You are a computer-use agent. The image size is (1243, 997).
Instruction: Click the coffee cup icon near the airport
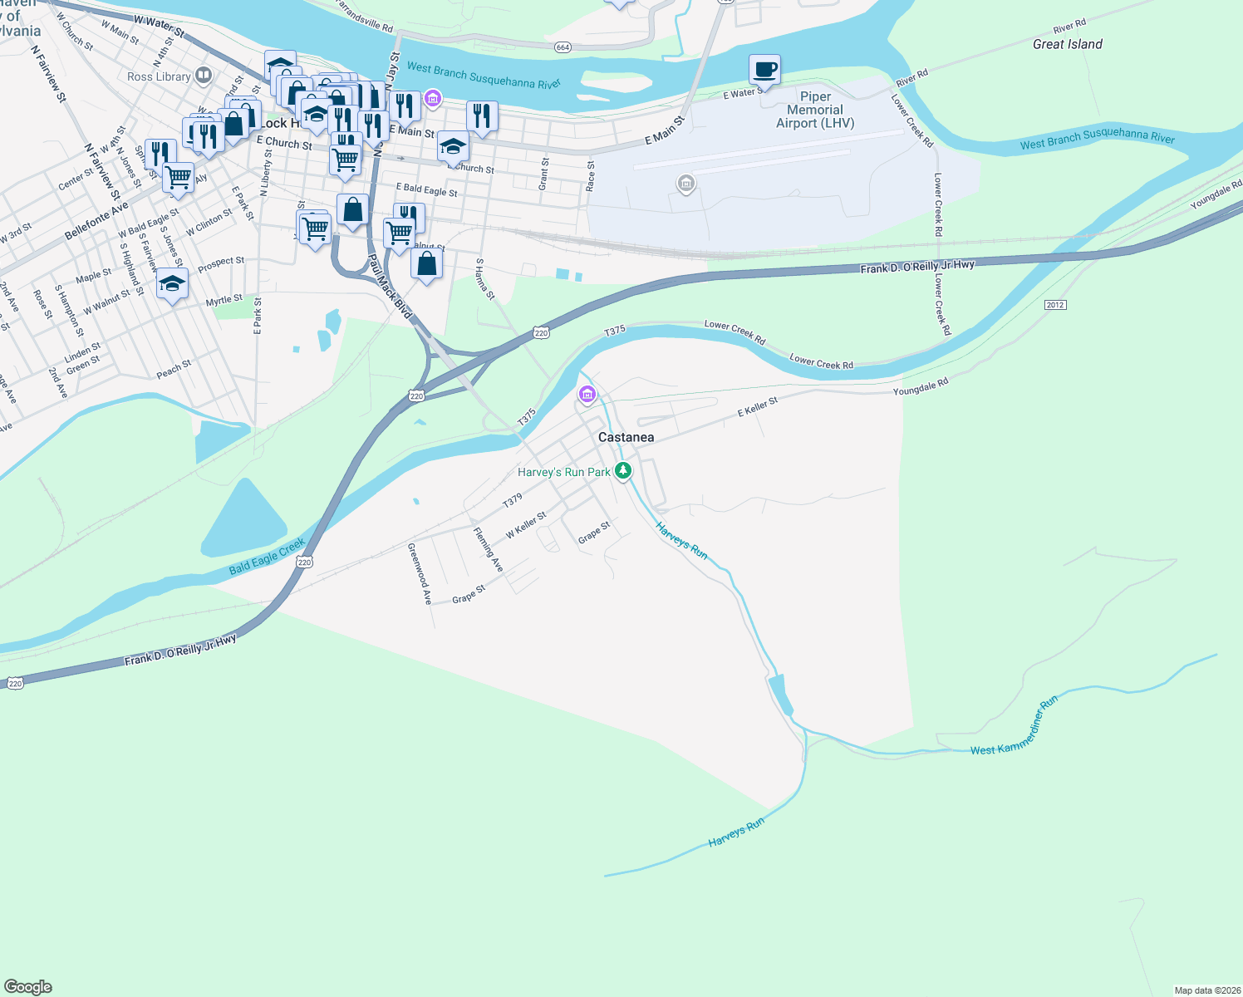coord(764,69)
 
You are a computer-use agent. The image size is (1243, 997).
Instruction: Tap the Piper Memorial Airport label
coord(815,110)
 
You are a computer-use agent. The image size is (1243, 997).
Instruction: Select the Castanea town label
coord(626,437)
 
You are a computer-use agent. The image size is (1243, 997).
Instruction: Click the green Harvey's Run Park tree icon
coord(623,471)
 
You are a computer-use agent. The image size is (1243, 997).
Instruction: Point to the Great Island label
coord(1067,44)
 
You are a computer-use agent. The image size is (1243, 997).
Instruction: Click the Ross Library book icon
coord(203,76)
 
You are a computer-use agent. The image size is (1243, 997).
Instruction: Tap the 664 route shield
coord(563,47)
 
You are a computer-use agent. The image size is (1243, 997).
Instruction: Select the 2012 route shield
coord(1055,305)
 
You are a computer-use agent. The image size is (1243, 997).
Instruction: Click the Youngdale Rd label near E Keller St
coord(920,386)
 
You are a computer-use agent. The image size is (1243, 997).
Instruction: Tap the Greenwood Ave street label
coord(420,573)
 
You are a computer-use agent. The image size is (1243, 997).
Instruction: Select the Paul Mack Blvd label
coord(390,287)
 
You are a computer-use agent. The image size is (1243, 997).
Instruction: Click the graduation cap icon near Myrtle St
coord(172,284)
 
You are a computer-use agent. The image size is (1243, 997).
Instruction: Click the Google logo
coord(28,987)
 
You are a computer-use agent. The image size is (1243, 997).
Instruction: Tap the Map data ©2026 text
coord(1206,990)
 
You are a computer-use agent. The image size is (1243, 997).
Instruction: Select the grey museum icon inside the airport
coord(685,183)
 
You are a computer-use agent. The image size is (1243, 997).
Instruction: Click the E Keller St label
coord(758,407)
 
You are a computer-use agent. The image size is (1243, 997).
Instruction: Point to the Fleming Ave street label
coord(488,549)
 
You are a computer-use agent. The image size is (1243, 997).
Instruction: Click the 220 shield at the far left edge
coord(15,683)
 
